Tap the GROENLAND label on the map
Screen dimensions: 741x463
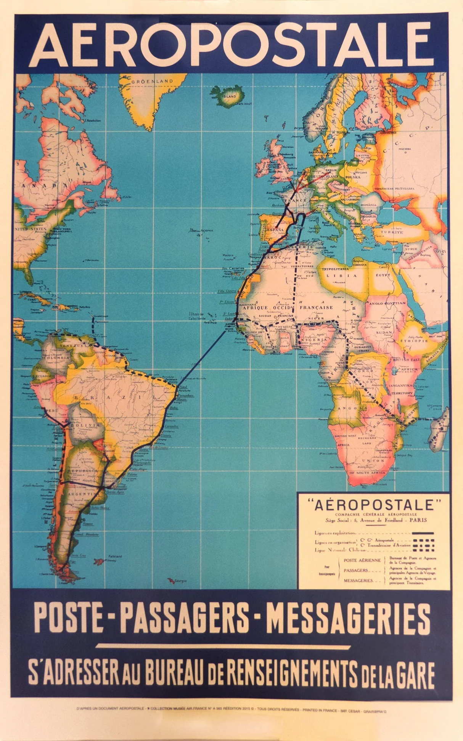pos(152,81)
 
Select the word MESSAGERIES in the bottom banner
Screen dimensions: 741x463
pos(348,618)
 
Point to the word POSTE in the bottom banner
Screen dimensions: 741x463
pos(69,618)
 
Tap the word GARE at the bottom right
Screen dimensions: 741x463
pos(414,674)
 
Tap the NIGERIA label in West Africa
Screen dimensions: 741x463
pos(315,338)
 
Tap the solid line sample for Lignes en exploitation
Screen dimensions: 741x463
pos(420,533)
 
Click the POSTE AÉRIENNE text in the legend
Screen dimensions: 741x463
pos(362,560)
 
